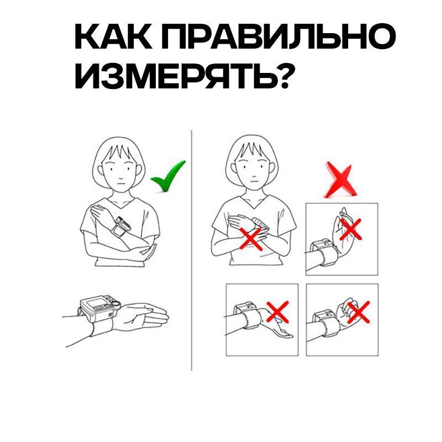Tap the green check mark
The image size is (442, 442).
(168, 176)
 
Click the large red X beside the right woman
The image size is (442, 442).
(340, 180)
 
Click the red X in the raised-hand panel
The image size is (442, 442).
(350, 228)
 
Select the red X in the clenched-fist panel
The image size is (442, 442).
(358, 313)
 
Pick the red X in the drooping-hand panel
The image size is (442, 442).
(277, 313)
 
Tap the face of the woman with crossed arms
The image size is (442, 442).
(251, 166)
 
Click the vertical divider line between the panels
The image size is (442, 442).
(191, 249)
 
